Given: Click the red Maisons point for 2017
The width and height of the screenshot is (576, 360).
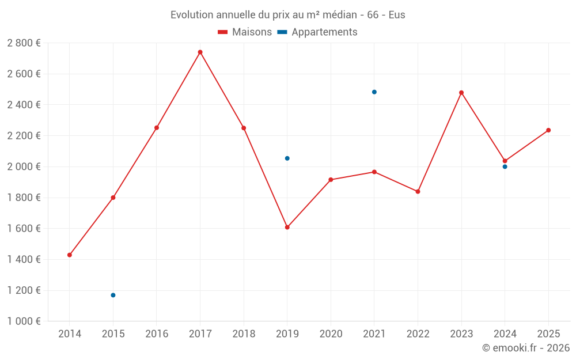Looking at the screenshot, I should [200, 52].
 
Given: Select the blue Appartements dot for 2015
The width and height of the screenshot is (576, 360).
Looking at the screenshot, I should [113, 295].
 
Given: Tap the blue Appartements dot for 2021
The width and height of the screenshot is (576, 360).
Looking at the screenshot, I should [374, 92].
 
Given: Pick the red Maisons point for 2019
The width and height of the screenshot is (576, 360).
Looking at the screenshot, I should [287, 227].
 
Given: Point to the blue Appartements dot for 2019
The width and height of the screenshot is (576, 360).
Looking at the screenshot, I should [287, 158].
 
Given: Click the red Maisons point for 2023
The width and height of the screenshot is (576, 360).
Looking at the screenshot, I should [461, 92].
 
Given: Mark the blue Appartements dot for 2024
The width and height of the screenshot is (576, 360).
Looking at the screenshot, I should [505, 166].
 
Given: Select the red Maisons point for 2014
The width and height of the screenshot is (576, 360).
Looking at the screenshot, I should [70, 255].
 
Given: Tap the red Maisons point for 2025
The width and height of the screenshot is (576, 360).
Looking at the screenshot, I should [548, 130].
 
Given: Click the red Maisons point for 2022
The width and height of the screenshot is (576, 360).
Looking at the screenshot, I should [418, 191].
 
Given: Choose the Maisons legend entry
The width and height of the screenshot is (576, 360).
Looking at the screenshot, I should [245, 32].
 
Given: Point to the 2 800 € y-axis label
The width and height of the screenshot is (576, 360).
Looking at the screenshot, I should [24, 43].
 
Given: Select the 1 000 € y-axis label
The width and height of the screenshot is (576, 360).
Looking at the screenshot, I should [24, 321].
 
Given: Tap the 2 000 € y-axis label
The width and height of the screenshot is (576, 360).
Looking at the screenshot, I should [24, 166].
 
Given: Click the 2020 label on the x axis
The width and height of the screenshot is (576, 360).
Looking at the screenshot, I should [331, 334].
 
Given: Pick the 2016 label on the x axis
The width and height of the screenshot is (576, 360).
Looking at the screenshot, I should [157, 334].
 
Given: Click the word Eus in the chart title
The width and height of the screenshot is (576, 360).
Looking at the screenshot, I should [397, 15].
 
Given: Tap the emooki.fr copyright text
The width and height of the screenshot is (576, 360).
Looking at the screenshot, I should [525, 348].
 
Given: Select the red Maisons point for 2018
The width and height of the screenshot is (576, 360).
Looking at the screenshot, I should [244, 128].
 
